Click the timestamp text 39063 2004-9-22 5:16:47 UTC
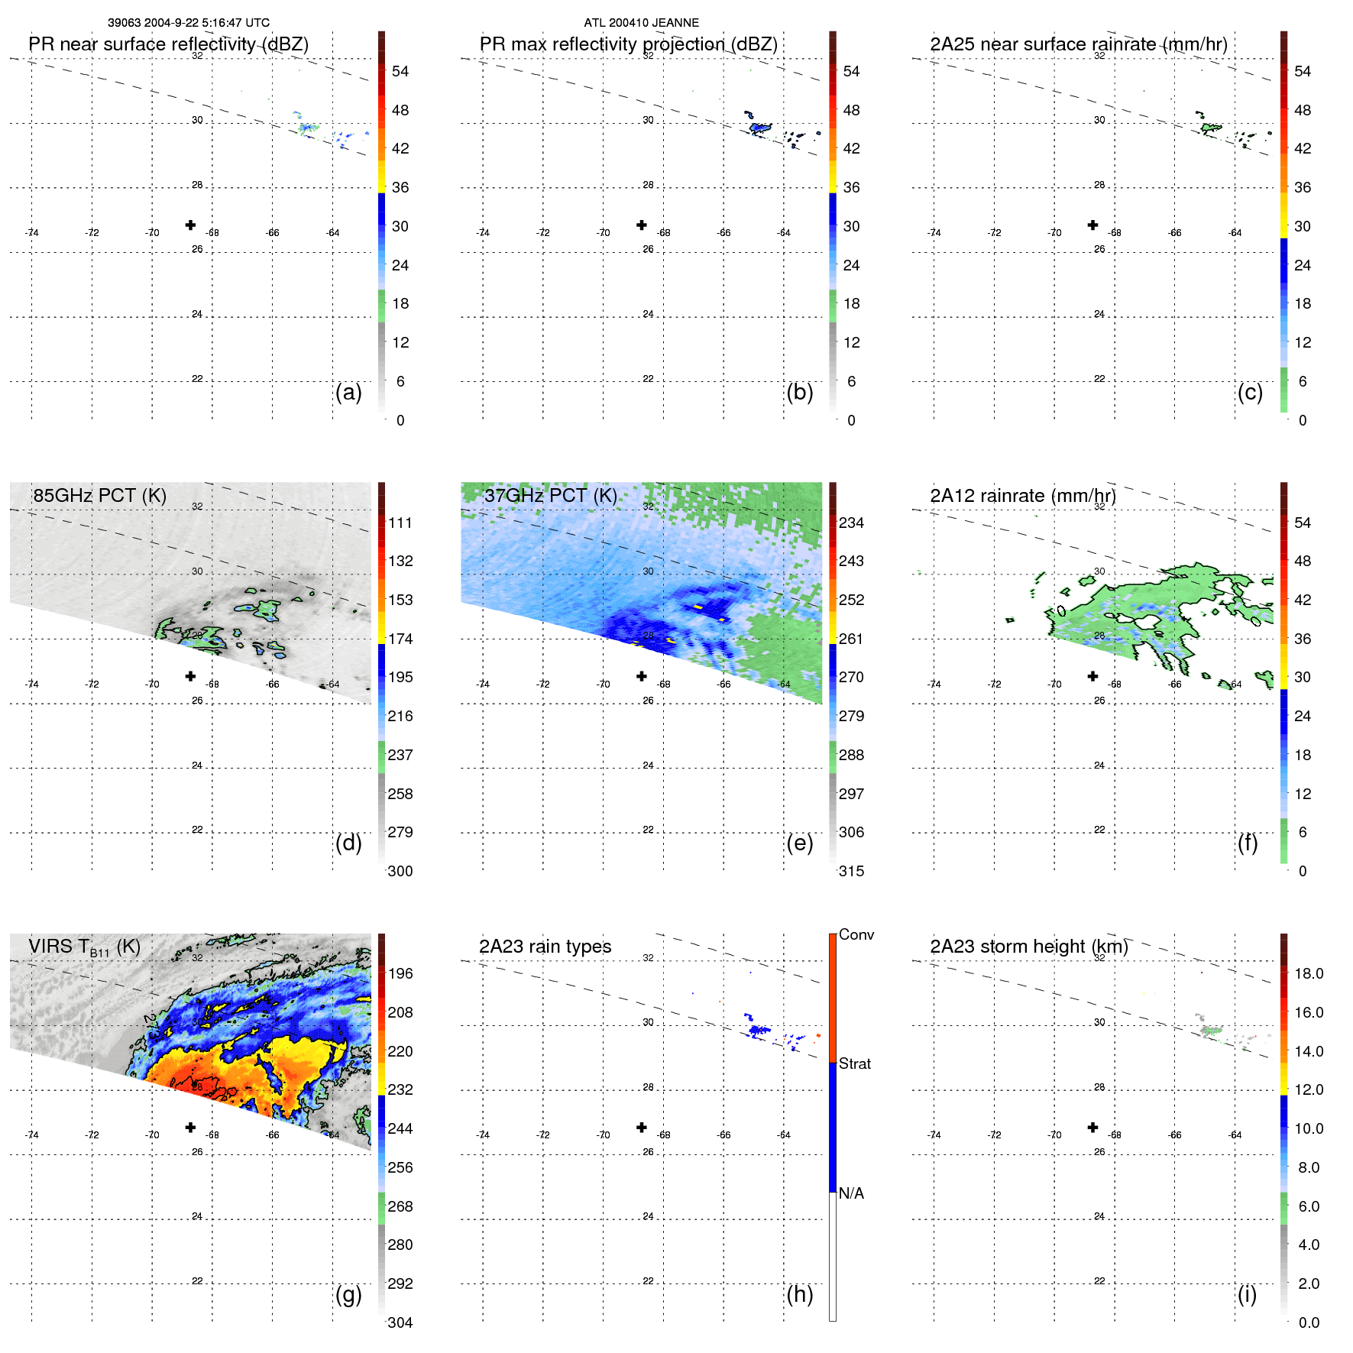coord(188,23)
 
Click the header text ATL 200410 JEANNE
coord(641,23)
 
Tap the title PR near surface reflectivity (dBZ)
coord(168,44)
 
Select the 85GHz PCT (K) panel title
coord(99,496)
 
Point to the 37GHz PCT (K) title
coord(550,496)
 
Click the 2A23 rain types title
coord(545,947)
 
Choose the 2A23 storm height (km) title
coord(1028,947)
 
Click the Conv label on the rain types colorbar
coord(856,935)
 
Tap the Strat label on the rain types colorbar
coord(854,1064)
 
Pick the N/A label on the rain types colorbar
coord(851,1193)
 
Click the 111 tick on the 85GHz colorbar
coord(400,523)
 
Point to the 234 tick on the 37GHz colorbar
coord(851,523)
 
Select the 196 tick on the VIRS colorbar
coord(400,974)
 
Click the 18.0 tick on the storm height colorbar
coord(1308,974)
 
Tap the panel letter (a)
coord(348,393)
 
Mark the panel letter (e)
coord(799,843)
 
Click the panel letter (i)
coord(1247,1294)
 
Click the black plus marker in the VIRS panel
coord(190,1128)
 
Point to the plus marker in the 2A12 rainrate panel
coord(1092,676)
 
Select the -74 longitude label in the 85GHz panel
coord(31,685)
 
